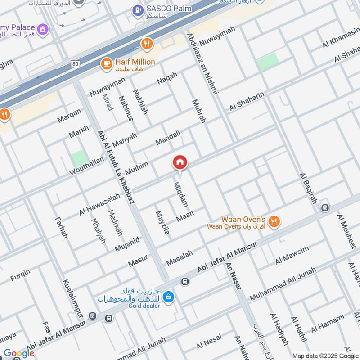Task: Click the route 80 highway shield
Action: click(75, 64)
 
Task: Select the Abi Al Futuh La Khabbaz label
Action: click(116, 167)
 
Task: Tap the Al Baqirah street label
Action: click(308, 188)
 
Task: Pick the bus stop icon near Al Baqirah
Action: click(325, 208)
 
